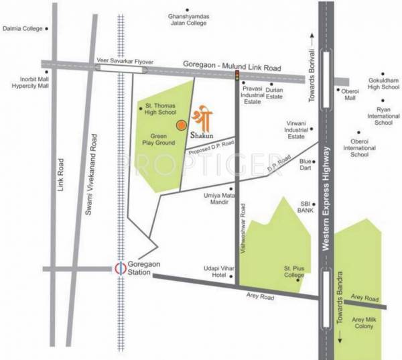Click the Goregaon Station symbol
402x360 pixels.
point(120,269)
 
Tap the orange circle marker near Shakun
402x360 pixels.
point(181,123)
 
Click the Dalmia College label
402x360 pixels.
point(22,29)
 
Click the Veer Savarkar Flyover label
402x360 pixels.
point(121,59)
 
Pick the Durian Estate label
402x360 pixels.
point(274,93)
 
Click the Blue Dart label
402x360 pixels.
point(306,164)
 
